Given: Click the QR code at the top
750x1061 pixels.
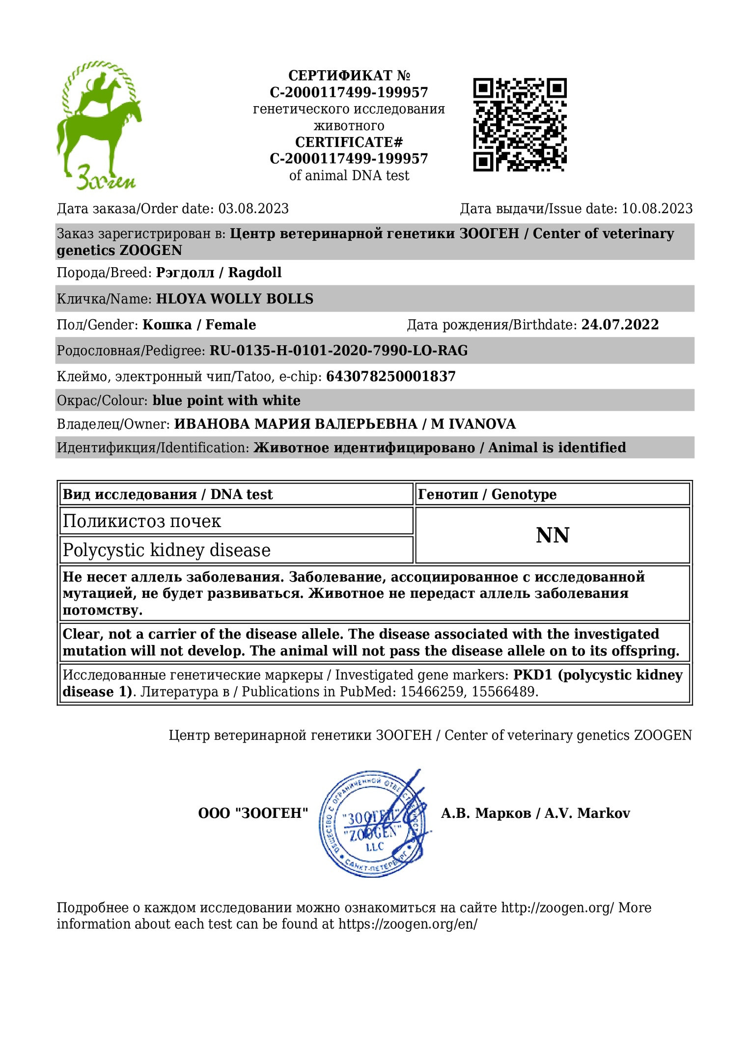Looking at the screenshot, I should point(520,124).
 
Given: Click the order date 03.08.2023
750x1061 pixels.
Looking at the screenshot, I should point(253,209).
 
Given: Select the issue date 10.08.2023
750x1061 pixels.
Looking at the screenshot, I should point(657,209).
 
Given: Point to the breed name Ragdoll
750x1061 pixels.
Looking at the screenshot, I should point(254,273).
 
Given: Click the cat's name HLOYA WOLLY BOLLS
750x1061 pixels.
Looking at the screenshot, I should point(234,299).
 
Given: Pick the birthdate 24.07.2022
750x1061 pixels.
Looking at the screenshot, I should point(620,325).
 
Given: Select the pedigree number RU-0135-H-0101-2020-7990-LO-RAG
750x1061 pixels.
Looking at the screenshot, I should point(338,351).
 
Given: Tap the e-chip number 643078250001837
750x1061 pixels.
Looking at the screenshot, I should point(390,377).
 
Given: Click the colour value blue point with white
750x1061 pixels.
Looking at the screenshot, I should point(226,401).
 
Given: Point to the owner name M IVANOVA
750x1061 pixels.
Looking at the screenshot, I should point(473,424).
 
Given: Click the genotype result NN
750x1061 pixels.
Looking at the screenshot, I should point(552,535).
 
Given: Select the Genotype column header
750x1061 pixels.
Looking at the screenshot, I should point(487,494).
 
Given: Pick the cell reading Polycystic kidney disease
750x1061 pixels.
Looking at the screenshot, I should point(167,550).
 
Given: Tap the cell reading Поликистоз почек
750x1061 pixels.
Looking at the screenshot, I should point(142,521).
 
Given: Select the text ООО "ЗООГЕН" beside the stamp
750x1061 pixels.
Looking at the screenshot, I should point(253,813).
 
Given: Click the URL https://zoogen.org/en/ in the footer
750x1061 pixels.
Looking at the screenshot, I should point(408,924).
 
